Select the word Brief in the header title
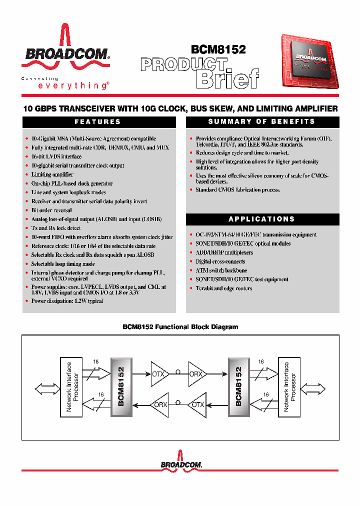pos(227,79)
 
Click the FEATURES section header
pos(98,122)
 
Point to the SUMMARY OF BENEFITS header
pos(262,122)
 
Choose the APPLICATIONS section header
pos(262,219)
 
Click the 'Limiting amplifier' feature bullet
pos(52,174)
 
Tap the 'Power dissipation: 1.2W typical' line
pos(67,301)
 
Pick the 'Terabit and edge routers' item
pos(223,288)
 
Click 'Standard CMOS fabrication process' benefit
pos(237,190)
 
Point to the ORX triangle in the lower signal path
pos(160,404)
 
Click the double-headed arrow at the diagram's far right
pos(313,388)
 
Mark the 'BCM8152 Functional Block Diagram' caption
pos(180,327)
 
